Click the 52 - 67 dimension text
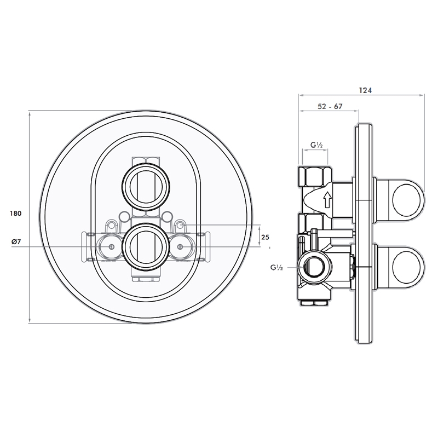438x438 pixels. [x=330, y=107]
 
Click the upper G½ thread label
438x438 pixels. [x=316, y=145]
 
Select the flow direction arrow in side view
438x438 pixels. [x=327, y=199]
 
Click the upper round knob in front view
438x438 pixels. [x=145, y=185]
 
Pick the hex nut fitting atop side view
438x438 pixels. [x=314, y=175]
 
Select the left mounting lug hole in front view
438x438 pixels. [x=112, y=224]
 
